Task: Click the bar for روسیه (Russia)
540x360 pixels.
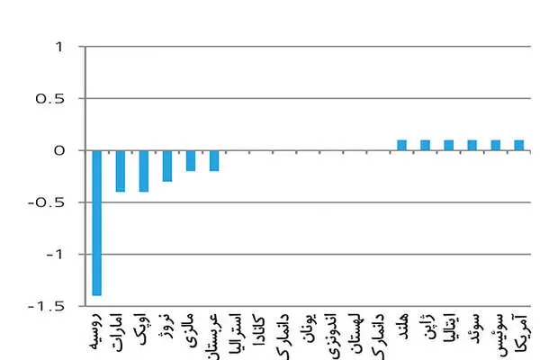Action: pos(97,223)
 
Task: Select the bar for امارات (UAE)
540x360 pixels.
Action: pos(121,171)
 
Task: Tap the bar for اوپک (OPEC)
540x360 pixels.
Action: pos(144,171)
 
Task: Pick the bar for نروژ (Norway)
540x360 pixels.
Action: pos(167,166)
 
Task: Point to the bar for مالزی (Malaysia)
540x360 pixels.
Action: pos(191,161)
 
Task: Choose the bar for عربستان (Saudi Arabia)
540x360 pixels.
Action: pos(214,161)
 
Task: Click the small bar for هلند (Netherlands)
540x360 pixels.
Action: pos(401,146)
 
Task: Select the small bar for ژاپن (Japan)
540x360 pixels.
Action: pos(425,146)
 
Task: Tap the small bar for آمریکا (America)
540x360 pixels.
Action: pos(518,146)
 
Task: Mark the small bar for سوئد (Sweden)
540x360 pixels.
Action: pos(472,146)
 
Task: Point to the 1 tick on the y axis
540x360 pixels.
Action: pos(60,47)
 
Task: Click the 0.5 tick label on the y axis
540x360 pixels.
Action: pos(49,99)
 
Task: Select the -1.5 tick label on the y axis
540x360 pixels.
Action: pos(47,306)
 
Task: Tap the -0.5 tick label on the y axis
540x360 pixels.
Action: pos(47,202)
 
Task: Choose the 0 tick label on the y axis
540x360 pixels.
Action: pos(59,150)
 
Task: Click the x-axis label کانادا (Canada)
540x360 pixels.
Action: pos(258,330)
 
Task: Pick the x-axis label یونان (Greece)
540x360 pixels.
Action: pos(310,328)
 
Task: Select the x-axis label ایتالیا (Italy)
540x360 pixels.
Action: pos(450,329)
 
